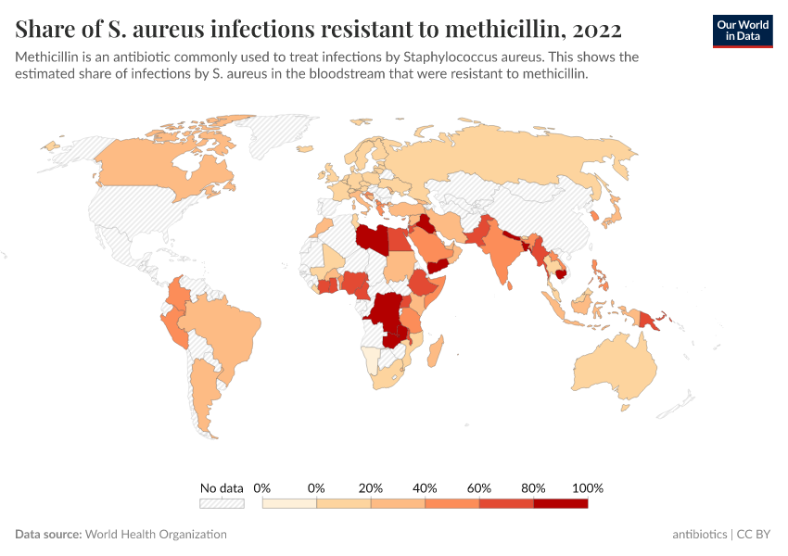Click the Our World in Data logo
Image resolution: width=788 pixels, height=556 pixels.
[742, 31]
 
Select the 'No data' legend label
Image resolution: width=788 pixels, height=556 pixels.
[222, 487]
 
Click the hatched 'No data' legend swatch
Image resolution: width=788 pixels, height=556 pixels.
[222, 503]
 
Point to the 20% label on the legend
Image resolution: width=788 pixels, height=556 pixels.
[371, 487]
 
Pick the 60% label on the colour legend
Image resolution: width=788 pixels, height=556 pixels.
[479, 487]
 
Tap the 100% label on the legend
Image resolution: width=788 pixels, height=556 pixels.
[588, 487]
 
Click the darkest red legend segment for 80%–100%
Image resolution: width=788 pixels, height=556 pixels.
[561, 503]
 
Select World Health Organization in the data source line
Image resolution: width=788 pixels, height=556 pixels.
[156, 535]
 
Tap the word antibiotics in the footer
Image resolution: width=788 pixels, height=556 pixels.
[700, 535]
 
